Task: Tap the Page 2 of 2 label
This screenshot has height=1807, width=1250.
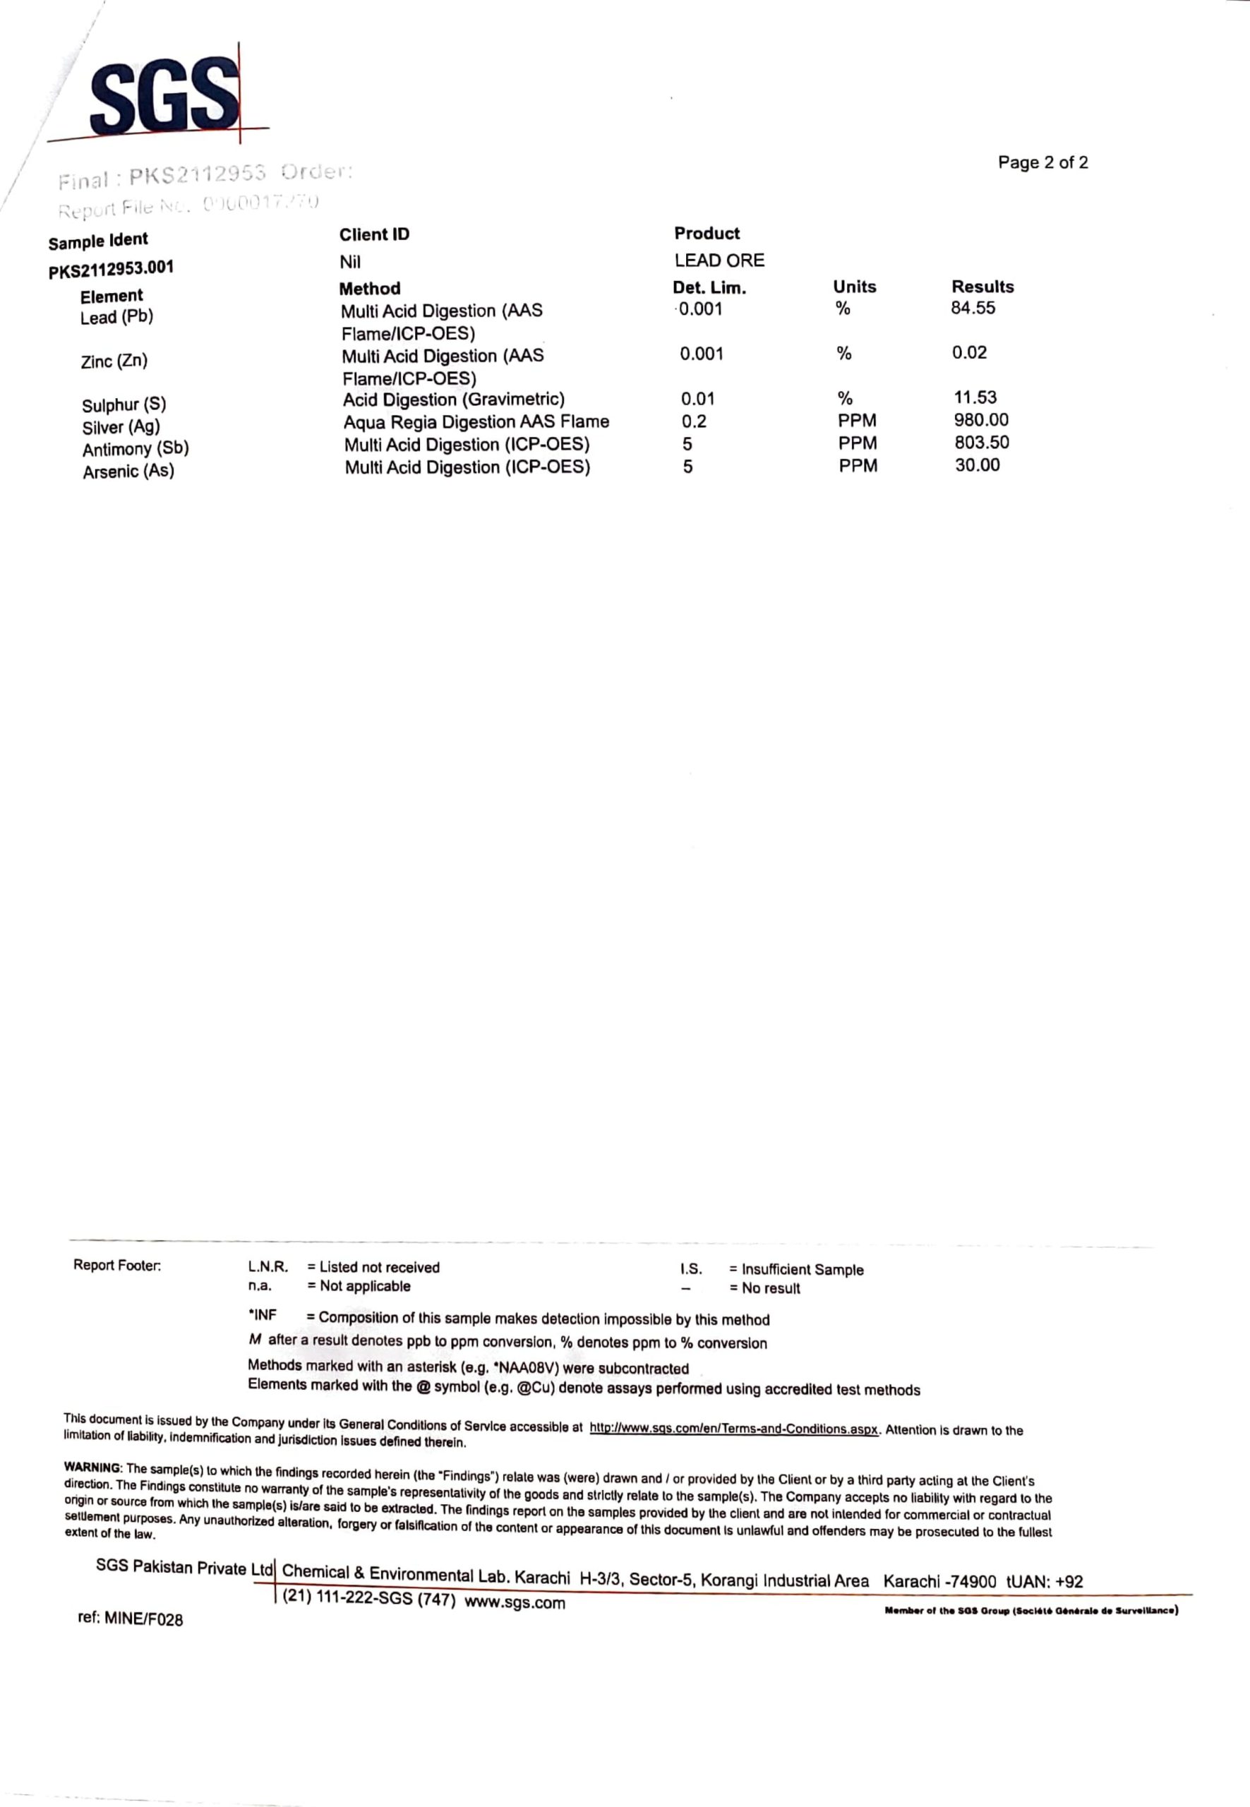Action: click(x=1042, y=163)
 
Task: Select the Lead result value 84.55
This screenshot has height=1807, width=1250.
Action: click(x=973, y=308)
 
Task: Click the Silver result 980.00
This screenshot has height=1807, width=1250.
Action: click(x=980, y=420)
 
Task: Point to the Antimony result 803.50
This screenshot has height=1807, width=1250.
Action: click(x=981, y=443)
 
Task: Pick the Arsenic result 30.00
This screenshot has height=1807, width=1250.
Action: click(x=977, y=465)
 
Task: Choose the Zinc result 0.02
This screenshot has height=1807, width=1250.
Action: click(x=969, y=352)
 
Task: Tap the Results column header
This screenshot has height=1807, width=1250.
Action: click(x=982, y=287)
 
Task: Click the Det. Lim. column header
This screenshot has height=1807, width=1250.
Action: click(x=709, y=287)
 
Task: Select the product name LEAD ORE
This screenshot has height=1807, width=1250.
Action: click(x=719, y=260)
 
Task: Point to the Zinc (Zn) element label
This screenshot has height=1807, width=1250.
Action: click(x=114, y=361)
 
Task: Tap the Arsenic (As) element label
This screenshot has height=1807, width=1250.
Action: click(x=128, y=472)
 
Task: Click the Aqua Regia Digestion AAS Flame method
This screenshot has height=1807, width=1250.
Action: click(x=476, y=422)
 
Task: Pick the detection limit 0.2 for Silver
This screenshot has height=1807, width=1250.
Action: click(x=693, y=421)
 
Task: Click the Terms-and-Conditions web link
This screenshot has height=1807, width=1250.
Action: click(x=733, y=1429)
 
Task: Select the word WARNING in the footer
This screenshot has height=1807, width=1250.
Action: click(x=92, y=1467)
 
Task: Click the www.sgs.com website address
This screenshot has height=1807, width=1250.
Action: click(x=515, y=1602)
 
